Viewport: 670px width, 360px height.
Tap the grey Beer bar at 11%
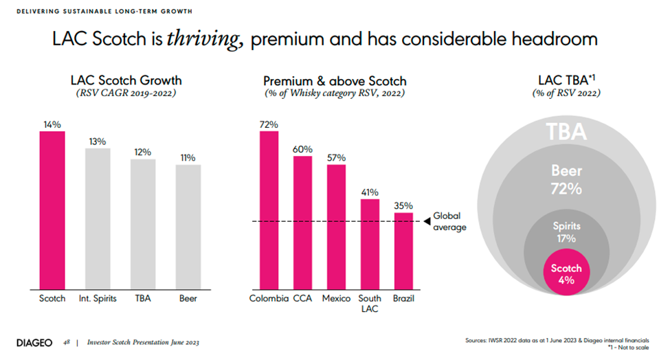pos(188,226)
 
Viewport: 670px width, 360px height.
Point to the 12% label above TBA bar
pos(143,152)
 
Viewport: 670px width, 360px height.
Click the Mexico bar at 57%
pos(336,226)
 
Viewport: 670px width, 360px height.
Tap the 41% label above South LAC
pos(370,192)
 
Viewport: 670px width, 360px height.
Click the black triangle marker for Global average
pos(426,221)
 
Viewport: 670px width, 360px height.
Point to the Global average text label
pos(449,221)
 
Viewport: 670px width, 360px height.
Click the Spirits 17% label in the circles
pos(567,232)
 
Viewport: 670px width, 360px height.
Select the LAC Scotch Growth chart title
pos(126,81)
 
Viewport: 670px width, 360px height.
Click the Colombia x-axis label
pos(268,299)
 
